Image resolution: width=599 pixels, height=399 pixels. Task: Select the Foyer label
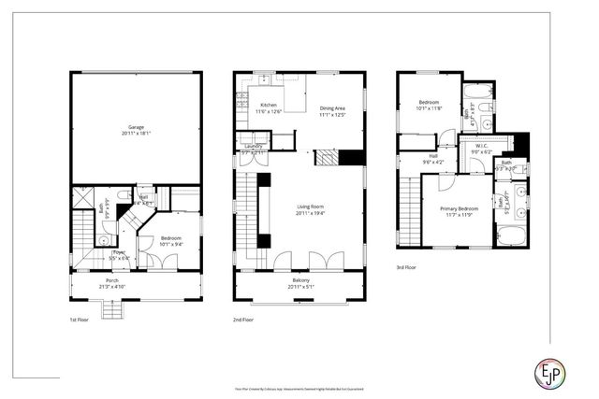coord(119,252)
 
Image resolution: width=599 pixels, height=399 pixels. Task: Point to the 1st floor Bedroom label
coord(169,238)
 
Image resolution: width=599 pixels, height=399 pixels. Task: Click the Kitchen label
coord(269,106)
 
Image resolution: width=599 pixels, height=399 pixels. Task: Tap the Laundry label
coord(252,147)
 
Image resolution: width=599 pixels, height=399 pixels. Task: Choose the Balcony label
coord(300,282)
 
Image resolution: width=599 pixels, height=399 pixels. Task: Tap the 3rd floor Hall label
coord(433,156)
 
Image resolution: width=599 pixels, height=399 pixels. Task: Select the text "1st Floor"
coord(80,321)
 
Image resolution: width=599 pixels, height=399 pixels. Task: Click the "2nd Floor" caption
coord(243,321)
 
